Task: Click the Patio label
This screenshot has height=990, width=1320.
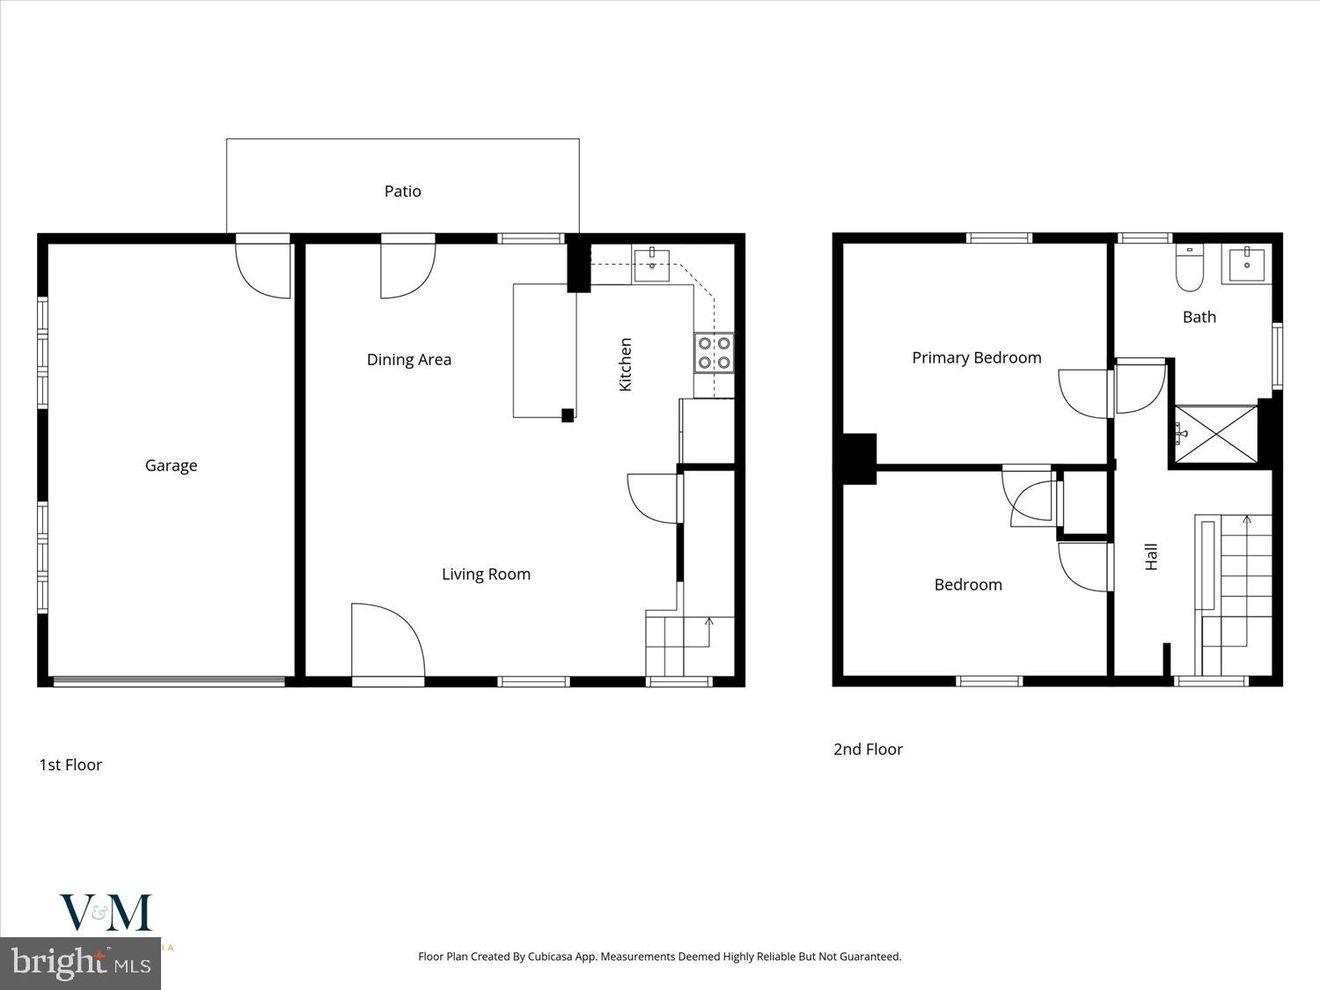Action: pos(402,191)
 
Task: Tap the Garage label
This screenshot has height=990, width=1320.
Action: pos(171,466)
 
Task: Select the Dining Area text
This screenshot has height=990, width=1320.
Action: pos(408,359)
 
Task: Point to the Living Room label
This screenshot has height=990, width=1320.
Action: pos(486,574)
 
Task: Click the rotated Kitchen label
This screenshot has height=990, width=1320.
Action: pos(626,364)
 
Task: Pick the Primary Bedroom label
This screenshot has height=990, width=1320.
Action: pos(976,357)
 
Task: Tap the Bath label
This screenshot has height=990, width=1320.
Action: pos(1199,317)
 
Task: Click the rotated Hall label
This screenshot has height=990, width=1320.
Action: pos(1151,556)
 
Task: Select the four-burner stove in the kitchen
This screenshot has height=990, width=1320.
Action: pos(714,352)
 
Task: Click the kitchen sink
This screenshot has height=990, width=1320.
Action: pos(651,265)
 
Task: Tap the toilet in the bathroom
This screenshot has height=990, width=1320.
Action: pos(1190,268)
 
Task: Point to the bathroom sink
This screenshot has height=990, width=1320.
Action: pos(1246,264)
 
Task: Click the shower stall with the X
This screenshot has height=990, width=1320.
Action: pos(1216,433)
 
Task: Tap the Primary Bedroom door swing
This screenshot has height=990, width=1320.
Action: pos(1084,392)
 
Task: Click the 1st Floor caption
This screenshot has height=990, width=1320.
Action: pos(70,765)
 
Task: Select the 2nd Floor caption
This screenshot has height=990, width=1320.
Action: pos(868,749)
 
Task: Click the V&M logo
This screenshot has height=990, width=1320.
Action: pos(106,913)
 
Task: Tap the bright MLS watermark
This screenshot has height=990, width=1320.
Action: pos(81,963)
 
